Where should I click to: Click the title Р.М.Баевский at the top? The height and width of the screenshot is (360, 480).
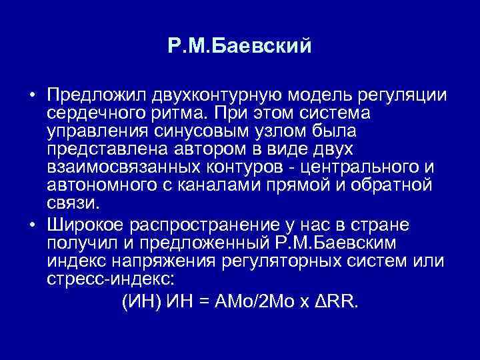[240, 46]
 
